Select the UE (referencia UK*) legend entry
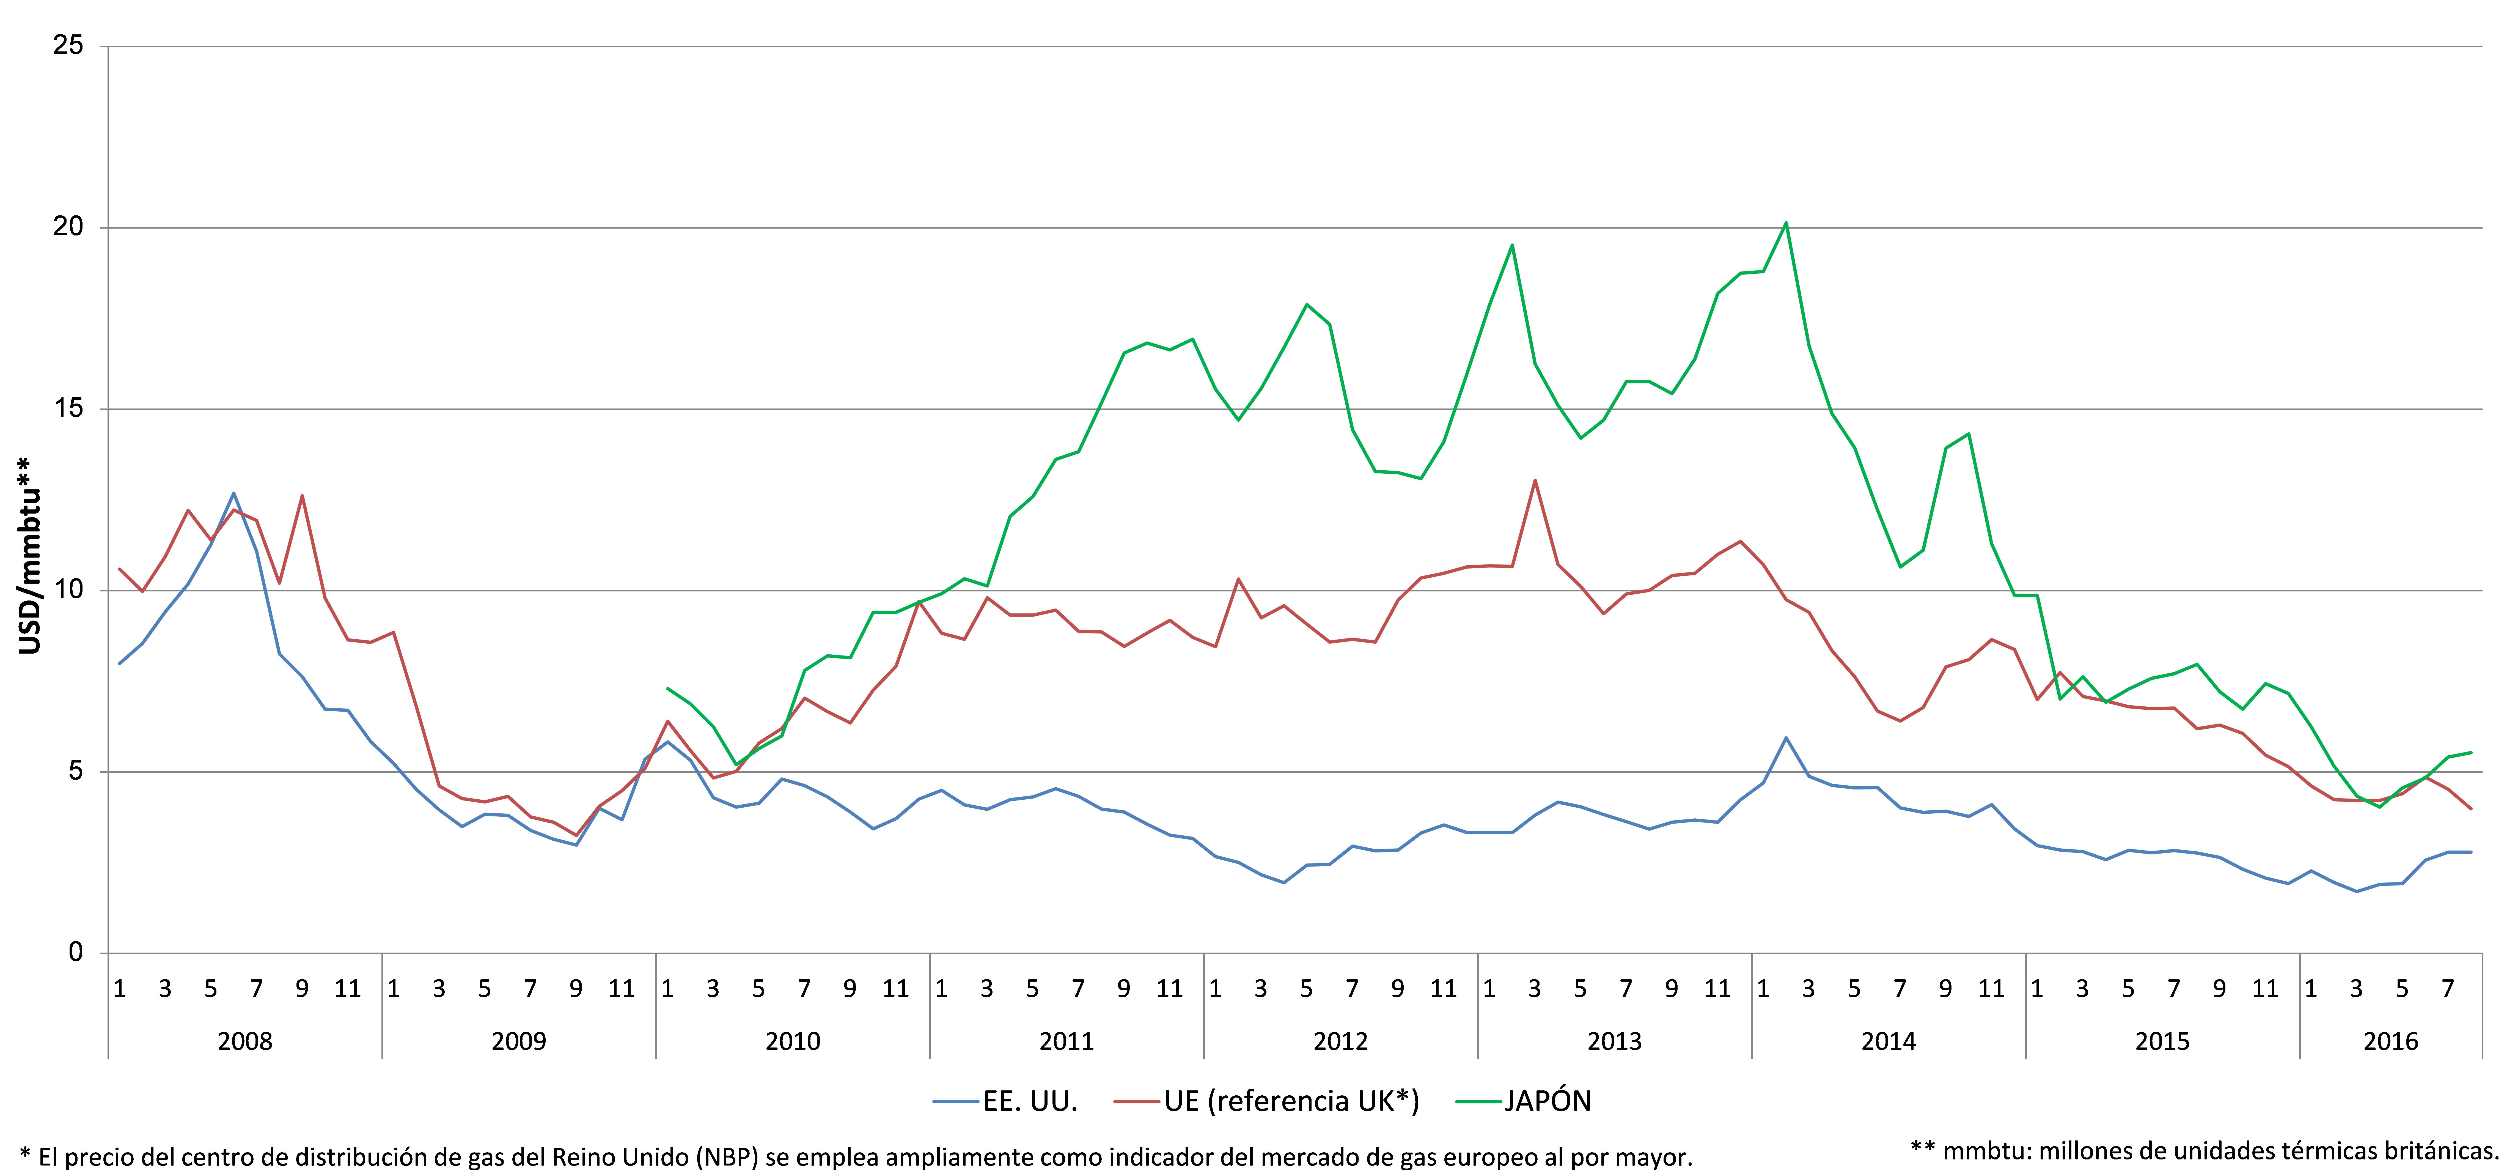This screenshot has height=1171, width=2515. click(x=1266, y=1102)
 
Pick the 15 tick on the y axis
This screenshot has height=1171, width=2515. click(x=68, y=408)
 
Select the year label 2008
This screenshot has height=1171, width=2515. click(x=245, y=1041)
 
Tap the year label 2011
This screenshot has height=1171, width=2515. click(x=1066, y=1041)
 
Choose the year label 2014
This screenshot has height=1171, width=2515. click(x=1888, y=1041)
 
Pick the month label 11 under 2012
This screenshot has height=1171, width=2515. click(x=1443, y=989)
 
